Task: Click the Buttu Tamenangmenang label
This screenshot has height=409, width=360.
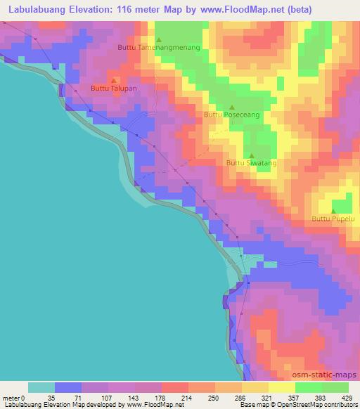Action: [159, 47]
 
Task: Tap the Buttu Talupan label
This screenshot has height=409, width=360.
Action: [112, 88]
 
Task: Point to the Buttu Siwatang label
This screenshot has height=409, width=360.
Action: [251, 162]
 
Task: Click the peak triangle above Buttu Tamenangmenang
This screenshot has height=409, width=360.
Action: [159, 39]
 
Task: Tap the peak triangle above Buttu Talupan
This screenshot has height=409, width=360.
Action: [114, 79]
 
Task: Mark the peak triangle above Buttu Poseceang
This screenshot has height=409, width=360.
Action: [231, 106]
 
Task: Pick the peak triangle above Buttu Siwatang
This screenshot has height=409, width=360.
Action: [252, 155]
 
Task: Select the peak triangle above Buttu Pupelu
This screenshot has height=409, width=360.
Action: [334, 211]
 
